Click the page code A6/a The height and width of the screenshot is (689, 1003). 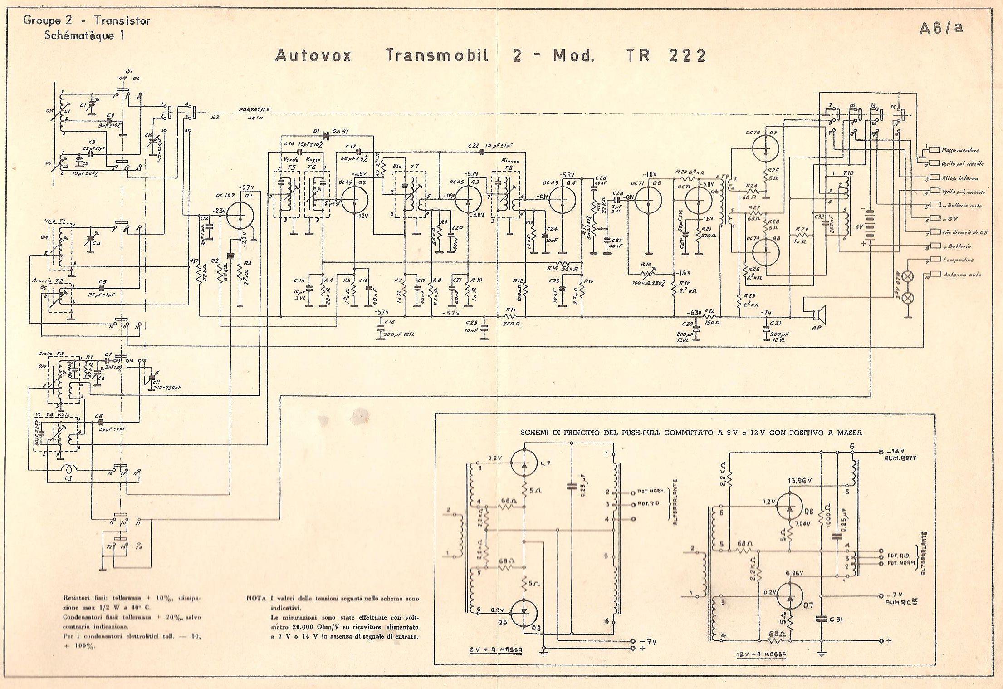point(941,28)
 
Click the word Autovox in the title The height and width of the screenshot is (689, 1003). point(313,56)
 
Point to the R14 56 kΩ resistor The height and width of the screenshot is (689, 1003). point(563,263)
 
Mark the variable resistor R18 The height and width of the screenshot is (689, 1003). point(646,275)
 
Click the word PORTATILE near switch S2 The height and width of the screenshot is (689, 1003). point(254,110)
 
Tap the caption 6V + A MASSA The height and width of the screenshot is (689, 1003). point(495,650)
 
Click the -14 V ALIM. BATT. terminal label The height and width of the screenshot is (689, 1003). point(899,455)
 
